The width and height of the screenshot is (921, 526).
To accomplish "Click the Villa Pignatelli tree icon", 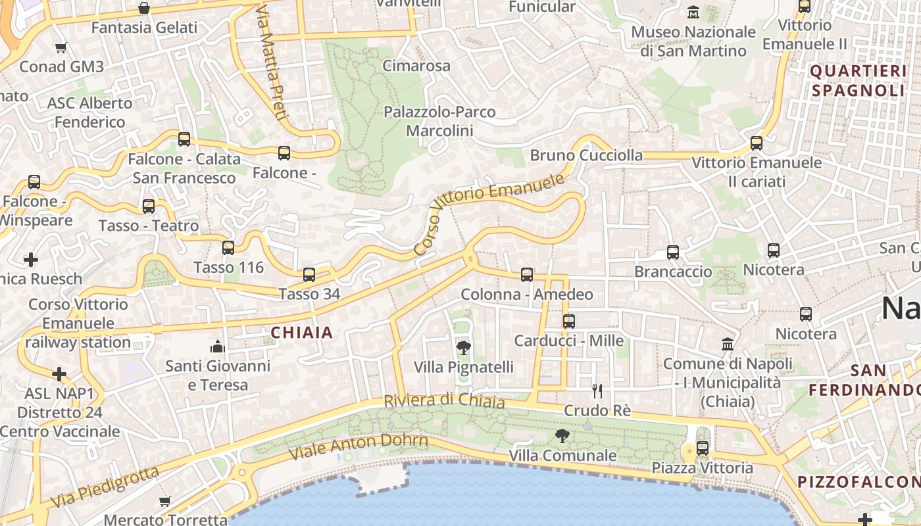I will pyautogui.click(x=464, y=347).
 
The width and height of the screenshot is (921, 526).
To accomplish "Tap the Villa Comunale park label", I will pyautogui.click(x=563, y=455).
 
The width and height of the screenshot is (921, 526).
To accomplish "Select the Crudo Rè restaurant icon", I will pyautogui.click(x=597, y=391).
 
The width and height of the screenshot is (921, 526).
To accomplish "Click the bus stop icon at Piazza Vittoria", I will pyautogui.click(x=703, y=448).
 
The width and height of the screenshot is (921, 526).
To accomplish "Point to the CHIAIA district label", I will pyautogui.click(x=303, y=333).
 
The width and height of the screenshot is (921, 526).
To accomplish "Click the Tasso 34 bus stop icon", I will pyautogui.click(x=309, y=274).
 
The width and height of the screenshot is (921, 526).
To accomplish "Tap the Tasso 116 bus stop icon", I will pyautogui.click(x=228, y=248).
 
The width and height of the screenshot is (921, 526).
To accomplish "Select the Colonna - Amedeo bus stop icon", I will pyautogui.click(x=527, y=275).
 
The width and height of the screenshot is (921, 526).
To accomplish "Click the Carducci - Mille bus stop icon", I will pyautogui.click(x=569, y=322).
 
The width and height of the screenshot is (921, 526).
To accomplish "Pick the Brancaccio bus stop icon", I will pyautogui.click(x=673, y=252).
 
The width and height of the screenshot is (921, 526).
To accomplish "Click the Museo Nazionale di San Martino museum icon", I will pyautogui.click(x=693, y=12).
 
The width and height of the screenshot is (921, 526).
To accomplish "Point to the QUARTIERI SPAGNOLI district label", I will pyautogui.click(x=858, y=80).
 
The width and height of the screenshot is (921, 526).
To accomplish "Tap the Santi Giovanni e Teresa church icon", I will pyautogui.click(x=217, y=346).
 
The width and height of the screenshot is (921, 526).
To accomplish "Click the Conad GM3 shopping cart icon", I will pyautogui.click(x=61, y=47).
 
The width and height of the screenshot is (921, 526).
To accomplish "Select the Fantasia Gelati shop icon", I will pyautogui.click(x=144, y=9).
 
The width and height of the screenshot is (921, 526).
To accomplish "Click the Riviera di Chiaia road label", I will pyautogui.click(x=444, y=400).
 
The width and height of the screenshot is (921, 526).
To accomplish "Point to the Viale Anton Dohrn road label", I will pyautogui.click(x=359, y=446).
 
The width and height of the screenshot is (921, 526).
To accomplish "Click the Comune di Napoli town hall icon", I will pyautogui.click(x=728, y=344).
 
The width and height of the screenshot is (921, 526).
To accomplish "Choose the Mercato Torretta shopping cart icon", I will pyautogui.click(x=165, y=502).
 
